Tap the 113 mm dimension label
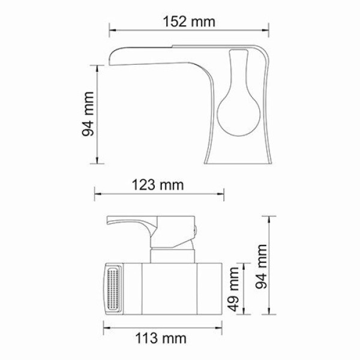(159, 339)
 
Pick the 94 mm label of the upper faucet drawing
(89, 114)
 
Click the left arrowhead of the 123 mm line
(97, 193)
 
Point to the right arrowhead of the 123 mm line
(223, 193)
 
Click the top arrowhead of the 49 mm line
(243, 265)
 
